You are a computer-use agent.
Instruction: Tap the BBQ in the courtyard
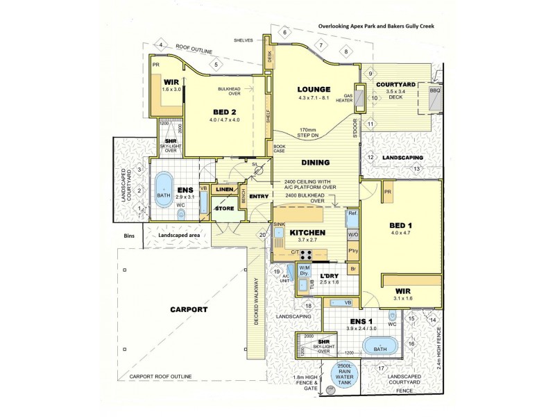pos(435,97)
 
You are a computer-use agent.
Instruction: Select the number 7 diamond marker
pos(321,46)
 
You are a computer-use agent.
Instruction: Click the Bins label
pos(129,236)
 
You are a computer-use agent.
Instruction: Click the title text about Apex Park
pos(379,28)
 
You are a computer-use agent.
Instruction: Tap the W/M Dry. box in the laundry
pos(304,271)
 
